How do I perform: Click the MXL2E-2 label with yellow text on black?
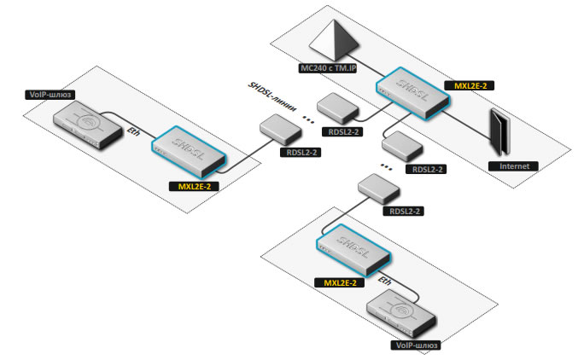click(470, 85)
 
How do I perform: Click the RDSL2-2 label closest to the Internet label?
click(429, 170)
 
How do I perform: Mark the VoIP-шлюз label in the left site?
click(53, 96)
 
